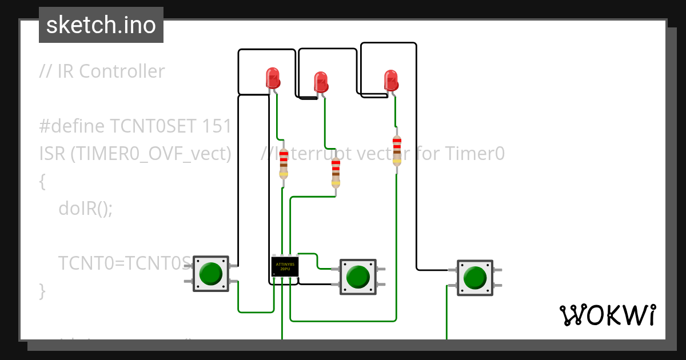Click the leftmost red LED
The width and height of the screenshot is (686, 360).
(273, 78)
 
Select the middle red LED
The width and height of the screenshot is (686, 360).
(321, 82)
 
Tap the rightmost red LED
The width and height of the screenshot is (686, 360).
(391, 80)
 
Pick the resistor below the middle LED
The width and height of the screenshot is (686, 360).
(336, 173)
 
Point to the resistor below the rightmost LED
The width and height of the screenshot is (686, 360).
(397, 151)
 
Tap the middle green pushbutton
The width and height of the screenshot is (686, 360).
(358, 277)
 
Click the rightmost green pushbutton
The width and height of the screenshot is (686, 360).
(474, 277)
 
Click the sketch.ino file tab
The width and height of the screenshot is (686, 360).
(101, 25)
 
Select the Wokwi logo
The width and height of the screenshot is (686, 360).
(607, 315)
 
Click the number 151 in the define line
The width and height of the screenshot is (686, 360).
(217, 126)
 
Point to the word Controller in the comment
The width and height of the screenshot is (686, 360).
(122, 71)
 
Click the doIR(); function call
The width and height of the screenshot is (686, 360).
(86, 209)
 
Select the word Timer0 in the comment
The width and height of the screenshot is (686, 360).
(474, 154)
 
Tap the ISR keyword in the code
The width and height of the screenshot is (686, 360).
(52, 154)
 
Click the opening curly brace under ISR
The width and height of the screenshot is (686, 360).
(42, 181)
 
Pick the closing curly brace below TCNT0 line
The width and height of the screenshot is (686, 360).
(42, 291)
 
